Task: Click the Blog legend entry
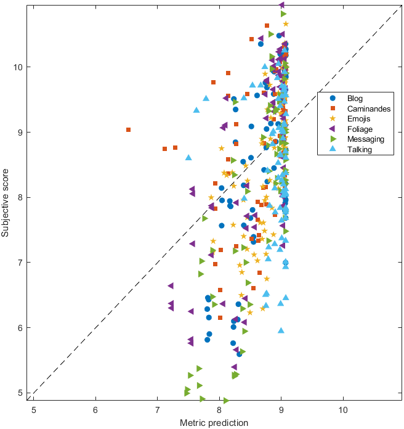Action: point(355,98)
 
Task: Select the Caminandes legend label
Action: point(368,108)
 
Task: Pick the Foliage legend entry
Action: point(360,129)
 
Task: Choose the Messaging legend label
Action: point(365,139)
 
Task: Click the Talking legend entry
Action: point(360,149)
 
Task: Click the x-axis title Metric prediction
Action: point(214,423)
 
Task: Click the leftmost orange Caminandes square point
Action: point(128,130)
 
